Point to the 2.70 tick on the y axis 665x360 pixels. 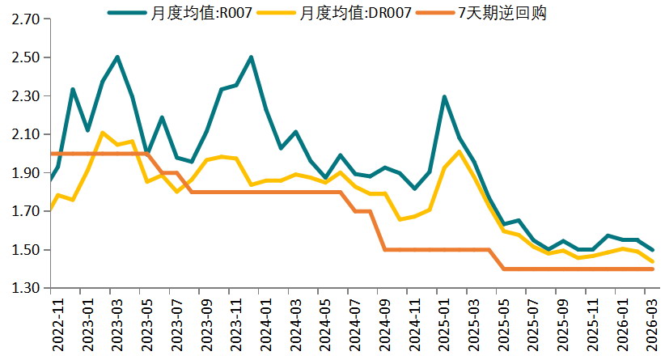click(26, 19)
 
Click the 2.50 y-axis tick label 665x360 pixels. click(26, 57)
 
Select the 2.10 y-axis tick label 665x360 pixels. click(26, 134)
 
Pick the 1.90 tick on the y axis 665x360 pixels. click(26, 173)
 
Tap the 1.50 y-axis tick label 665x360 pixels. click(26, 250)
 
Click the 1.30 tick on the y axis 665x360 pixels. click(26, 289)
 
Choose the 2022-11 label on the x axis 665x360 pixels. click(58, 323)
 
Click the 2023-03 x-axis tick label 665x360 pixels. click(117, 323)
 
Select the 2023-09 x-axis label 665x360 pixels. click(206, 323)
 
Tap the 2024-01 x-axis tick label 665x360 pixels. click(266, 323)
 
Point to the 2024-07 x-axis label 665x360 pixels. click(355, 323)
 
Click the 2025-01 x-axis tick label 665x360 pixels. click(444, 323)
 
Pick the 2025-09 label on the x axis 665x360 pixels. click(563, 323)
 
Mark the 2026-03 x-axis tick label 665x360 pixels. click(652, 323)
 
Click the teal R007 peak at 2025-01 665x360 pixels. click(444, 97)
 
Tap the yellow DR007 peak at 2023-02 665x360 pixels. click(102, 133)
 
